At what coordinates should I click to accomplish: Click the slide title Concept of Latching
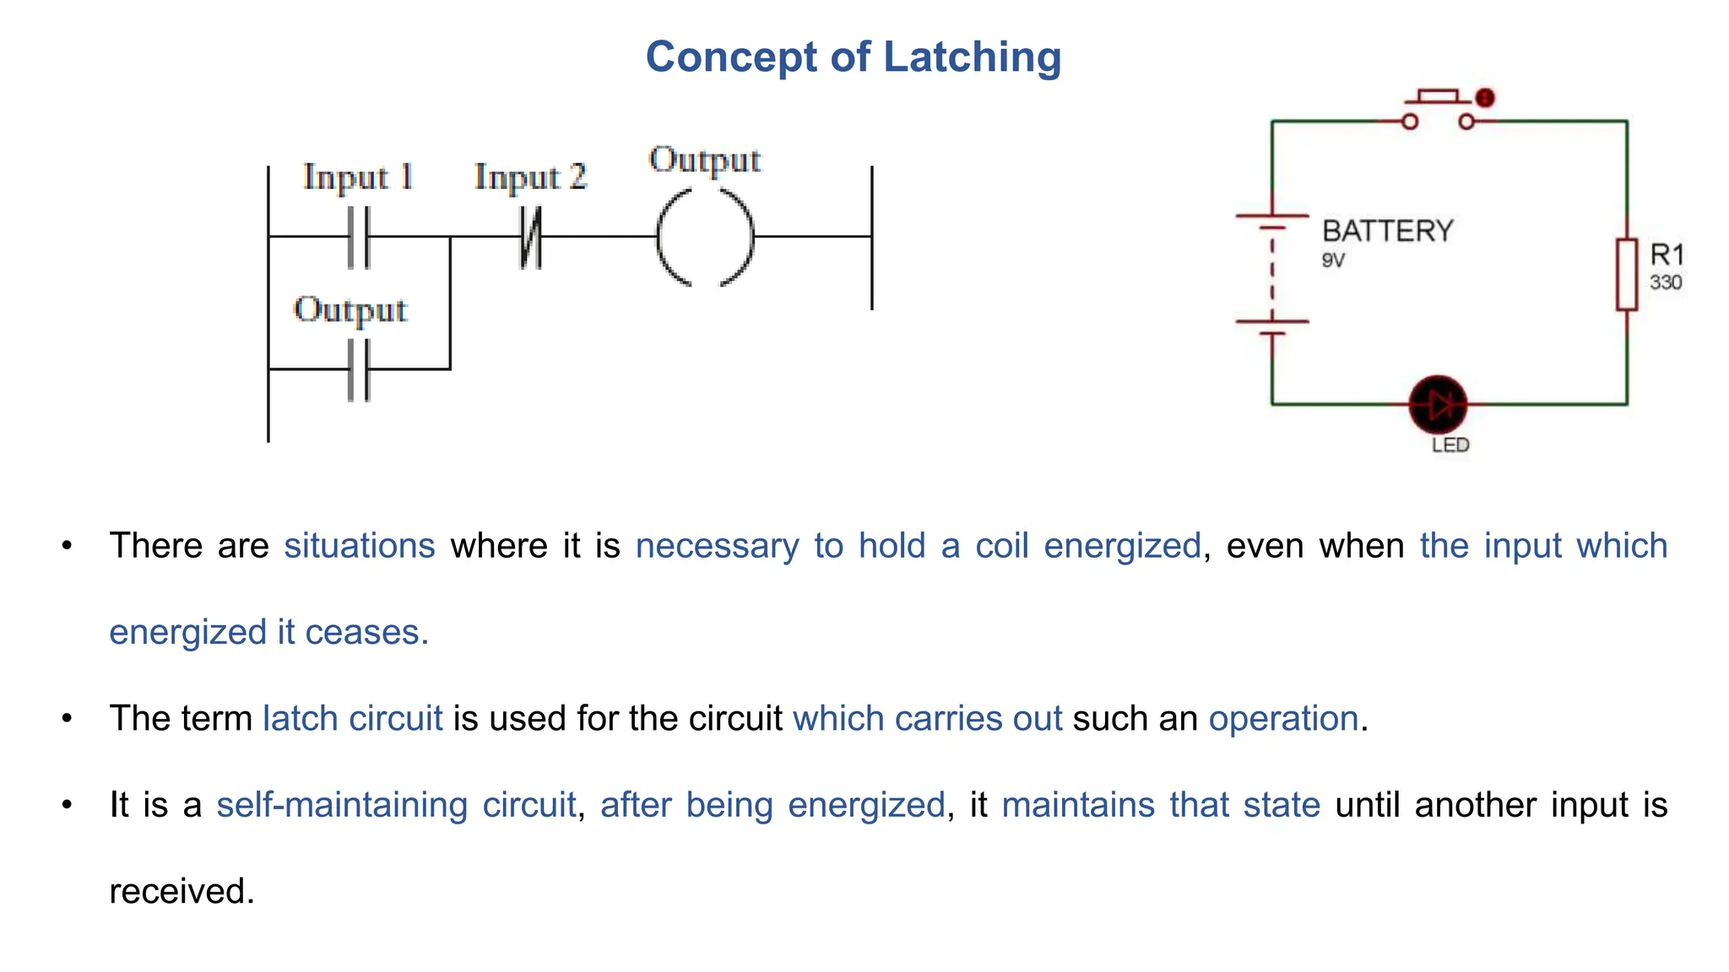[853, 57]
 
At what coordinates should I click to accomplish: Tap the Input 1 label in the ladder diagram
[358, 177]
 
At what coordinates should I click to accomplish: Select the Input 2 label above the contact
[530, 177]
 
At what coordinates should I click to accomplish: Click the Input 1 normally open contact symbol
[359, 238]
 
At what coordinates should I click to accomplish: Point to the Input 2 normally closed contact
[530, 238]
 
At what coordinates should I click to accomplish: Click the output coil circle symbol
[705, 237]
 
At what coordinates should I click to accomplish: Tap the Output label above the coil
[705, 159]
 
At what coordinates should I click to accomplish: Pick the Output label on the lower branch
[350, 310]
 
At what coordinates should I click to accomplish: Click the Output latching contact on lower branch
[359, 370]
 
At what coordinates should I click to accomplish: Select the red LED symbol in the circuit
[1438, 404]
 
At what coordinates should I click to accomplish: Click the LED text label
[1450, 445]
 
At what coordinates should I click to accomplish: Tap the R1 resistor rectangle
[1627, 274]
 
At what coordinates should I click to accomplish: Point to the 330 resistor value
[1666, 283]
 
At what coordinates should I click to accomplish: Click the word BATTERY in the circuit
[1387, 231]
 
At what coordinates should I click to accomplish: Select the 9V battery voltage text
[1333, 261]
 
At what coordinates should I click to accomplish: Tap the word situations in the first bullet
[360, 546]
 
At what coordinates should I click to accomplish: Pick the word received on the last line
[182, 891]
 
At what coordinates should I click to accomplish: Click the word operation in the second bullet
[1283, 719]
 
